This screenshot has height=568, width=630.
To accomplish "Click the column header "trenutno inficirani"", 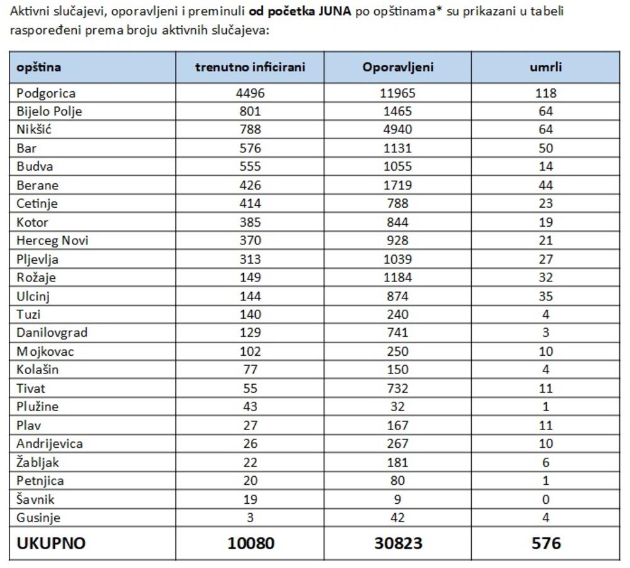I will click(249, 67).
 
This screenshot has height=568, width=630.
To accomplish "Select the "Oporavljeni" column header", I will click(398, 67).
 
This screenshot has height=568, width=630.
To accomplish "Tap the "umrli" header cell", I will click(546, 67).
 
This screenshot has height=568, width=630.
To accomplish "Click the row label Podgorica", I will click(46, 93).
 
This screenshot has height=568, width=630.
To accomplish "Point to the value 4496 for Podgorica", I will click(249, 93).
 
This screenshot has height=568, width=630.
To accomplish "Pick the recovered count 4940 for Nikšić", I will click(398, 130).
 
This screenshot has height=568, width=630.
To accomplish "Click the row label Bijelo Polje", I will click(49, 111).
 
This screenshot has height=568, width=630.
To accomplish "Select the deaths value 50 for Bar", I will click(546, 148).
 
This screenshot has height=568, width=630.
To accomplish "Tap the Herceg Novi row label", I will click(52, 241).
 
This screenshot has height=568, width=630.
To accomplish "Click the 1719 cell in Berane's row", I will click(398, 185).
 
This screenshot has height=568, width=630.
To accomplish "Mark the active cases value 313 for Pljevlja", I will click(249, 259).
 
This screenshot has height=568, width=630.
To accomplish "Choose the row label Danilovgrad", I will click(52, 332).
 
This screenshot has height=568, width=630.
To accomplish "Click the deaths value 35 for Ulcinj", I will click(546, 296).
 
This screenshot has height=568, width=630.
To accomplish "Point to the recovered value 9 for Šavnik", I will click(398, 499).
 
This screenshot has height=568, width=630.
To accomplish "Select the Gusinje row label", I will click(38, 518).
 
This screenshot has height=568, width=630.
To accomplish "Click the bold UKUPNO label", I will click(50, 543).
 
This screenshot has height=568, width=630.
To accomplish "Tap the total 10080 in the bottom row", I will click(251, 543).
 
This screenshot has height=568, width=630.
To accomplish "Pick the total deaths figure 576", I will click(546, 543).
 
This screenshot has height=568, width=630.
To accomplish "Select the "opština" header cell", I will click(38, 67).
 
